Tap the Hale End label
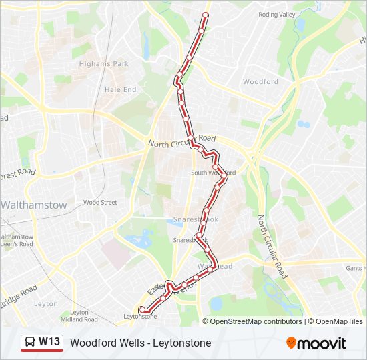(120, 89)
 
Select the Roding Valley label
(276, 14)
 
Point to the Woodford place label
(260, 82)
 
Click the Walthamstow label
(33, 205)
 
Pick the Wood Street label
(100, 202)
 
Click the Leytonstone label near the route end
(141, 317)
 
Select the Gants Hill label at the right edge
(356, 268)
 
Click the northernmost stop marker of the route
(205, 15)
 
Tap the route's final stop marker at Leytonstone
(141, 309)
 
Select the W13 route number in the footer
(49, 343)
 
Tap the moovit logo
(316, 343)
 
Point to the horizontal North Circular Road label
(182, 141)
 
